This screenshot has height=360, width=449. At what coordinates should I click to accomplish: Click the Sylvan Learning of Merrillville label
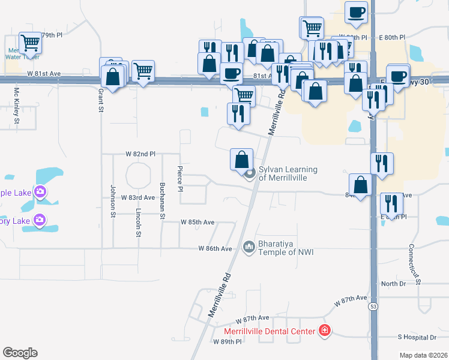pos(287,174)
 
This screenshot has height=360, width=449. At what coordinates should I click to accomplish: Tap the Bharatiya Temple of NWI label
pos(285,248)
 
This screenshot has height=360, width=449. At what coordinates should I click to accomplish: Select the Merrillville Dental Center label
pos(270,331)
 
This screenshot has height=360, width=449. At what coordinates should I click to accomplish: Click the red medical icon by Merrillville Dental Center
pos(325,331)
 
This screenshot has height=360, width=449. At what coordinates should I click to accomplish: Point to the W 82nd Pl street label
pos(140,154)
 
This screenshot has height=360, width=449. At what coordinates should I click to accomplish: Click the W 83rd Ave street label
pos(138,197)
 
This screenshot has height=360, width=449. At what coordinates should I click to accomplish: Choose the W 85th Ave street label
pos(197,222)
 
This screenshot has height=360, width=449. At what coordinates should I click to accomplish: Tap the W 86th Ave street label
pos(215,248)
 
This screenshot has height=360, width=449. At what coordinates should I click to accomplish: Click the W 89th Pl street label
pos(227,341)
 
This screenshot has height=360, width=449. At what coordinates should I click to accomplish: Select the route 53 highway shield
pos(373,306)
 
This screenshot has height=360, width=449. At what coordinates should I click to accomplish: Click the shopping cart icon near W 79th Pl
pos(30,43)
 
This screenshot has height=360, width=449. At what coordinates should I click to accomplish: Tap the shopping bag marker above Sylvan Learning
pos(241,160)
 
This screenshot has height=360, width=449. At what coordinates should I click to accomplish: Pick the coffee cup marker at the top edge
pos(356,11)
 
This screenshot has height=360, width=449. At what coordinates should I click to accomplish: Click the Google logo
pos(20,353)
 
